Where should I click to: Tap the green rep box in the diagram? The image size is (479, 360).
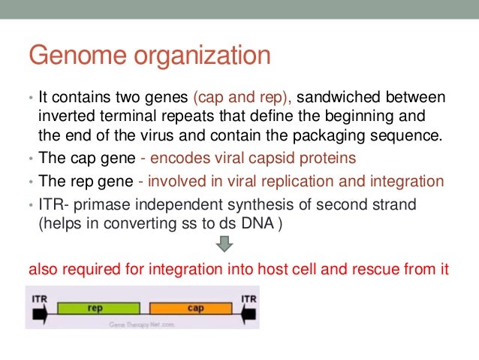click(95, 307)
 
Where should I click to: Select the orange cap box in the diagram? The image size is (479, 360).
click(195, 307)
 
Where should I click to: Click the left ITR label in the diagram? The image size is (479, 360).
click(40, 298)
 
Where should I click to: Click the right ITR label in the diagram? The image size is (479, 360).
click(248, 298)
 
